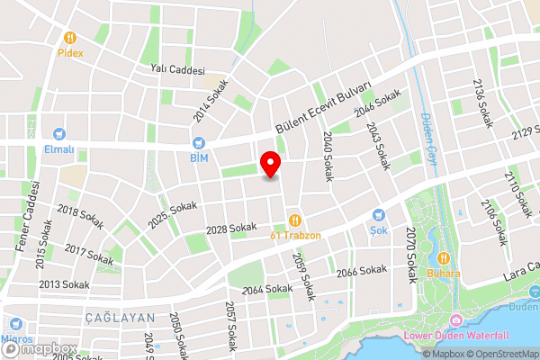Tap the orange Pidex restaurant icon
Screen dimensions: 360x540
[69, 39]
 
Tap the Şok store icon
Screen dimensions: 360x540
[379, 215]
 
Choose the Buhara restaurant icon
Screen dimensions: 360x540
[443, 257]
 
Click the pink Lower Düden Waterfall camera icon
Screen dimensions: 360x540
[456, 321]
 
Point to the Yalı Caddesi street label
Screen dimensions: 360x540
[178, 69]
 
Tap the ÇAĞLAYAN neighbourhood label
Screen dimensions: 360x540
[121, 319]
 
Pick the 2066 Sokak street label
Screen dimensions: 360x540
[361, 271]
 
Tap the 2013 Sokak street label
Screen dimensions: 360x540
[62, 284]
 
